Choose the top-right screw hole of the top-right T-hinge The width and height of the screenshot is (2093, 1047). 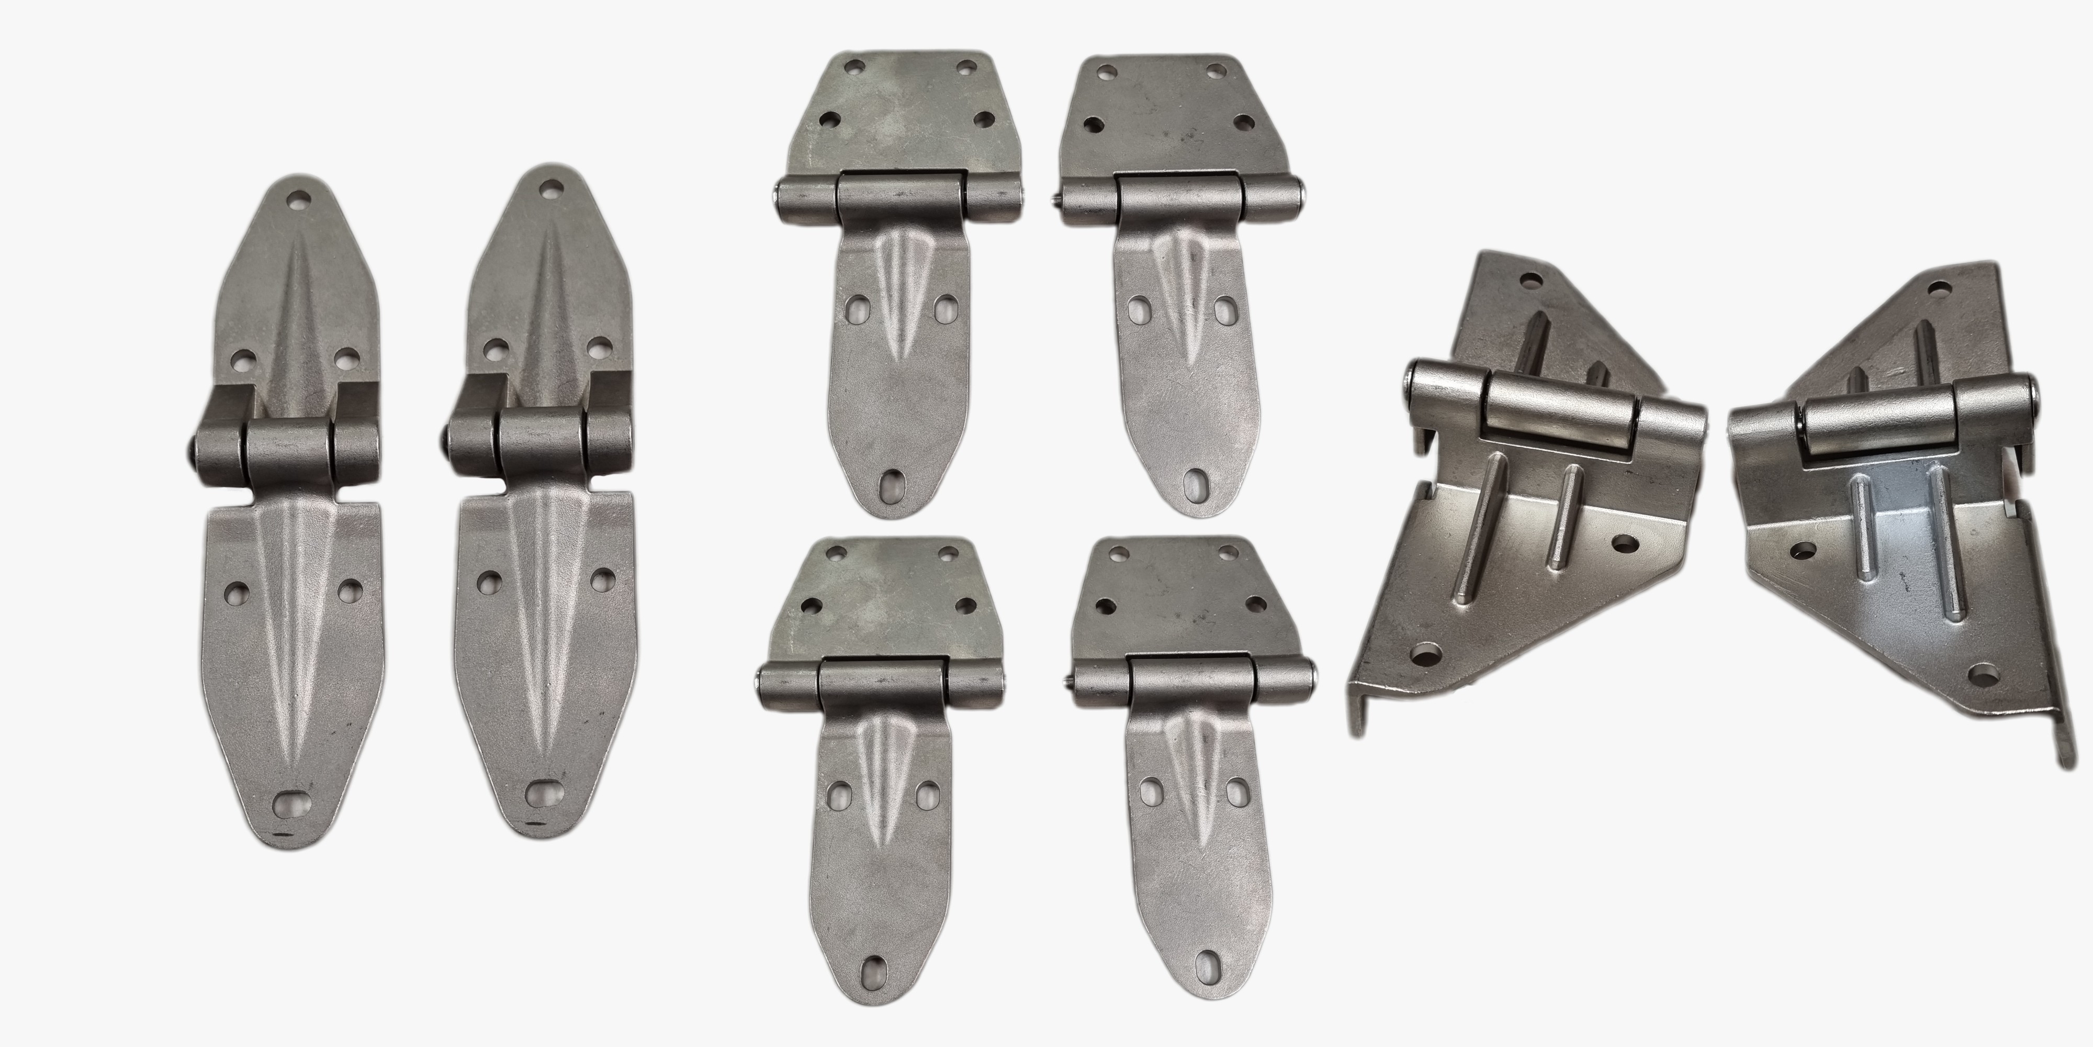(1217, 71)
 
